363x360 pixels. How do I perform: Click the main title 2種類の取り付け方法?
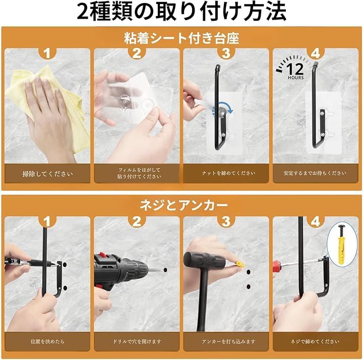pos(181,12)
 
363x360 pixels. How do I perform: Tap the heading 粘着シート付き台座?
pos(181,38)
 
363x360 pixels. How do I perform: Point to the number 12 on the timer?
pos(295,69)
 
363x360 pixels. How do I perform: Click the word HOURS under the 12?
pos(295,78)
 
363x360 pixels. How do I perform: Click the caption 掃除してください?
pos(47,174)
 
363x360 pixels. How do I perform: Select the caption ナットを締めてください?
pos(228,173)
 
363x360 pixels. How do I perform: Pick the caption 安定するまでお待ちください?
pos(315,173)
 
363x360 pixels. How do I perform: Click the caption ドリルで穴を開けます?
pos(137,341)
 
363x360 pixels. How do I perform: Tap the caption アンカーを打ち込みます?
pos(228,341)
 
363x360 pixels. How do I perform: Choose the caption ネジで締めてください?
pos(315,341)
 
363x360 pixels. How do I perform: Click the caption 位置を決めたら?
pos(47,341)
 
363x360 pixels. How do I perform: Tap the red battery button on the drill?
pos(103,255)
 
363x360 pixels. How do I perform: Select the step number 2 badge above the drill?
pos(137,221)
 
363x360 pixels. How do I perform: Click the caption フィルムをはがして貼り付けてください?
pos(139,173)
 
